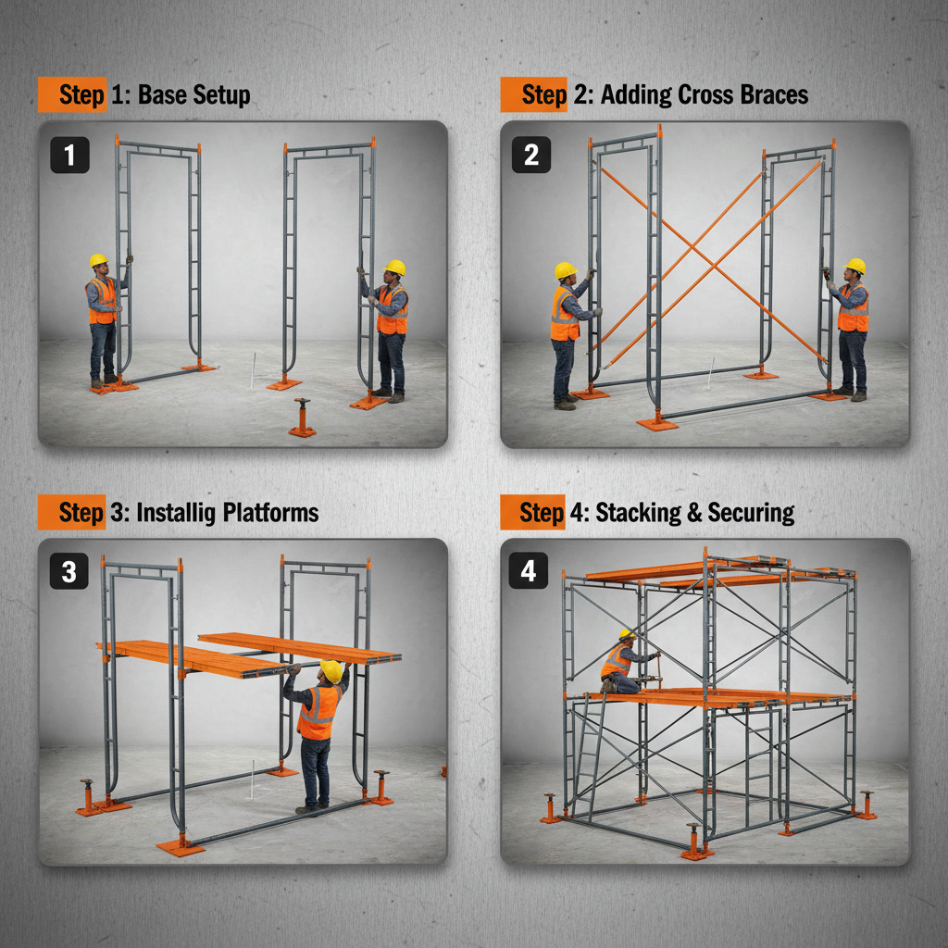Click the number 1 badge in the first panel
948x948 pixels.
69,155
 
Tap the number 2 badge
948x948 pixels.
530,155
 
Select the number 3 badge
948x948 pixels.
69,572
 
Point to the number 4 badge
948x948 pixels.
529,571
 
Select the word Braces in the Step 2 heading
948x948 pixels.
769,94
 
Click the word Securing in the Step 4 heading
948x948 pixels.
751,513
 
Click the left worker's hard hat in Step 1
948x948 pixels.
99,261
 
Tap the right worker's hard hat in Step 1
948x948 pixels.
395,268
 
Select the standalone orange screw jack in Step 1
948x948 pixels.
301,418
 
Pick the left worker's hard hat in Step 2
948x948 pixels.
566,270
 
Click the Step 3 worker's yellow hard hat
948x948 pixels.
331,670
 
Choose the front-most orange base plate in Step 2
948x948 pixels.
656,422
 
